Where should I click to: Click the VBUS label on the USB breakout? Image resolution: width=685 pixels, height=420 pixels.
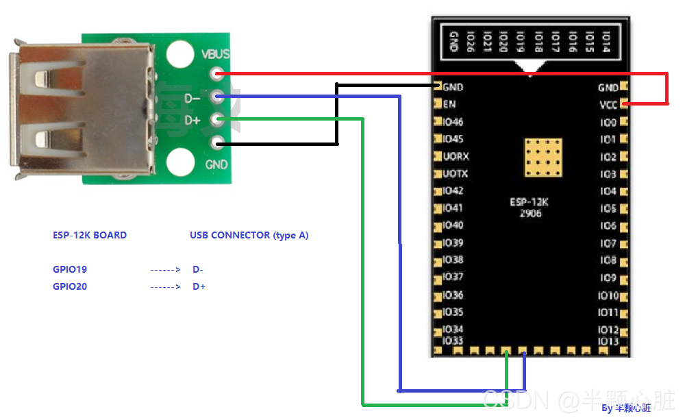point(216,54)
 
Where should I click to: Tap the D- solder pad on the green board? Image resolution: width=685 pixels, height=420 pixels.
point(218,97)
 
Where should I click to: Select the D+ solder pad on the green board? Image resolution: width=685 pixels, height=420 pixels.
point(218,121)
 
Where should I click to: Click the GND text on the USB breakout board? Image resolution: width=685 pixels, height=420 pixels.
point(216,164)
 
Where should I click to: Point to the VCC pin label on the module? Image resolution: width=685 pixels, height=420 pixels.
point(608,105)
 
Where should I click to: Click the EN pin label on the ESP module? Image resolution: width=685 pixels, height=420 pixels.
point(449,105)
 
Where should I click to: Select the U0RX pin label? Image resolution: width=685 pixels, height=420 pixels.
point(456,156)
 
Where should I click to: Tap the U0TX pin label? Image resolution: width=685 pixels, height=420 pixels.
point(456,174)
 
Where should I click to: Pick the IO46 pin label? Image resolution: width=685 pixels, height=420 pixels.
point(453,122)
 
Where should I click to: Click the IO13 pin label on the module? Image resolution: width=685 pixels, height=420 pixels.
point(608,341)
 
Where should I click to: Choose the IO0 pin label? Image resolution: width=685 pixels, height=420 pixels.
point(608,123)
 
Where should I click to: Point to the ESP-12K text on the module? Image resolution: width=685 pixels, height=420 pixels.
point(529,202)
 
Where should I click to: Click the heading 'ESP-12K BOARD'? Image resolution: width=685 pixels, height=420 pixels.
point(90,235)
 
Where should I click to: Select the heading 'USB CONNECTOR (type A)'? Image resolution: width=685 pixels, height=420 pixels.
point(249,235)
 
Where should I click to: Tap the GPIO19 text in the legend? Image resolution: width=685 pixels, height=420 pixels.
point(70,269)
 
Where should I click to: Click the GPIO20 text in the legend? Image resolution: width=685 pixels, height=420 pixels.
point(70,286)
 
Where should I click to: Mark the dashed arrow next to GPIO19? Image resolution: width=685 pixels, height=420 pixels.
point(165,269)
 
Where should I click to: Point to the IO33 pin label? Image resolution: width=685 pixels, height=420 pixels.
point(453,341)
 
